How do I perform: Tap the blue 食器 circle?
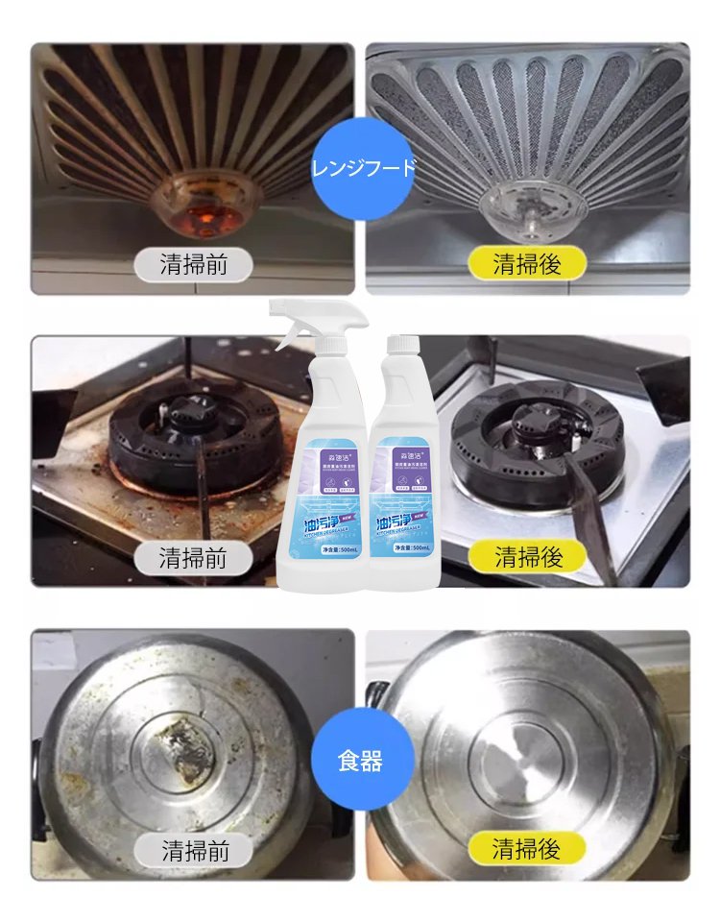click(x=361, y=762)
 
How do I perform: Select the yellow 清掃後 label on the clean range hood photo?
click(x=527, y=263)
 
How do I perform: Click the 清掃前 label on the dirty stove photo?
click(x=193, y=557)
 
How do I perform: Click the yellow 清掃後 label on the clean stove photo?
click(x=527, y=556)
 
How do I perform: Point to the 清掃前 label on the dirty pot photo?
click(x=195, y=850)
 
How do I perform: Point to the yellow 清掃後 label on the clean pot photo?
click(x=527, y=848)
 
